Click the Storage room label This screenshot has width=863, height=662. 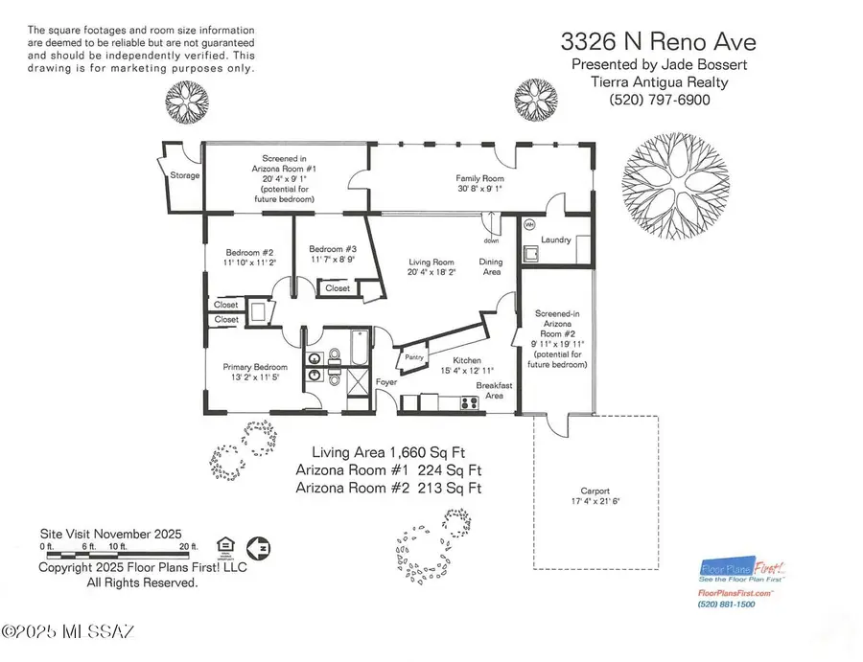coord(185,175)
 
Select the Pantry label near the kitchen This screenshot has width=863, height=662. coord(415,356)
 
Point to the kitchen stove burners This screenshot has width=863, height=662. coord(469,402)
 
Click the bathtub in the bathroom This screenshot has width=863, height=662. coord(358,351)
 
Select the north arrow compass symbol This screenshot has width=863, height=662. coord(257,548)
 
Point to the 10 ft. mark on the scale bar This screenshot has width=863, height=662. coord(117,548)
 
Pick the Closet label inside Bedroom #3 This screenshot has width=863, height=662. coord(338,287)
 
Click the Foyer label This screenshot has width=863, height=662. coord(386,381)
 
